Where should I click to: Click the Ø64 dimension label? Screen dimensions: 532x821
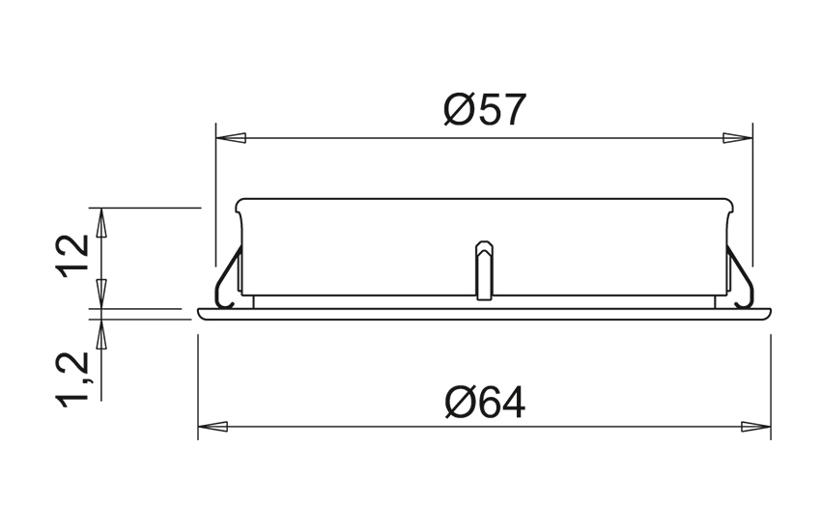pyautogui.click(x=485, y=402)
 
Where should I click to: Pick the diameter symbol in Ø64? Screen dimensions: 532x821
pyautogui.click(x=460, y=402)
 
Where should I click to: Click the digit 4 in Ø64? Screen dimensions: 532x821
pyautogui.click(x=513, y=402)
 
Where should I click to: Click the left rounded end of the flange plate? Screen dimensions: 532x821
pyautogui.click(x=201, y=314)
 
